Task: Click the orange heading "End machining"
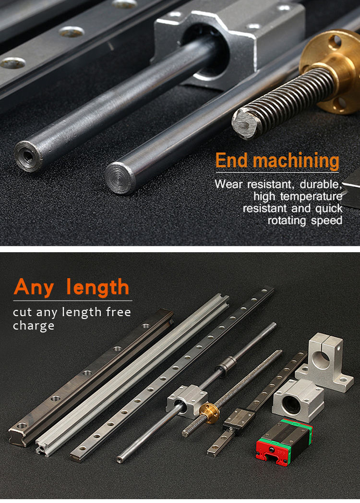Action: (x=277, y=160)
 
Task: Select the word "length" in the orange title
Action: (x=98, y=287)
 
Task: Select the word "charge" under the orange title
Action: (x=34, y=326)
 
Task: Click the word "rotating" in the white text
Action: (x=287, y=221)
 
